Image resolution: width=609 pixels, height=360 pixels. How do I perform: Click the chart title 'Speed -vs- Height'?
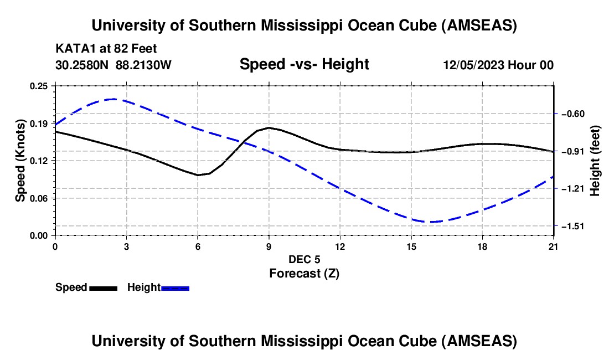click(x=304, y=64)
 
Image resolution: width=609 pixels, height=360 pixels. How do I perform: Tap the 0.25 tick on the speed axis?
click(x=40, y=86)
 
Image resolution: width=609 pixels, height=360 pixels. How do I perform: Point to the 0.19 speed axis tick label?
click(x=40, y=123)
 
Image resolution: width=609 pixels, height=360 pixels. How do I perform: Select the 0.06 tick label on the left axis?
click(x=40, y=198)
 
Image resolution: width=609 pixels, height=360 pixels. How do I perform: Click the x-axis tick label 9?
click(x=269, y=246)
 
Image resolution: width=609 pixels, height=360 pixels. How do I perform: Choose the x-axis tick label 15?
click(x=411, y=246)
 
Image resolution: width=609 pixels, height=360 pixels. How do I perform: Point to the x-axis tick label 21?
click(x=554, y=246)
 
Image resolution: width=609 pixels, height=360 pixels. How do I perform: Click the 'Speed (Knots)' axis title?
click(x=20, y=161)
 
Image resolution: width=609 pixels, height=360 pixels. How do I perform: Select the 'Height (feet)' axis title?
click(x=596, y=161)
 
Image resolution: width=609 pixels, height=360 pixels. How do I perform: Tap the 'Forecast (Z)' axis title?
click(x=304, y=273)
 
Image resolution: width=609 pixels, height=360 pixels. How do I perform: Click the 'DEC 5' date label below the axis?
click(x=304, y=259)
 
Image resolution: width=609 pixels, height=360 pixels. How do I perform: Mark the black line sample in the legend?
click(x=103, y=288)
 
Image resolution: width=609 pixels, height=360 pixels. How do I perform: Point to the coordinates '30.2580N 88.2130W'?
click(x=113, y=65)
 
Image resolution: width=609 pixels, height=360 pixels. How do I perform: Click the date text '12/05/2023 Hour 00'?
click(x=498, y=65)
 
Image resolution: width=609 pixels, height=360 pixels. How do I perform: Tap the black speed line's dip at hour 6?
click(x=198, y=175)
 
